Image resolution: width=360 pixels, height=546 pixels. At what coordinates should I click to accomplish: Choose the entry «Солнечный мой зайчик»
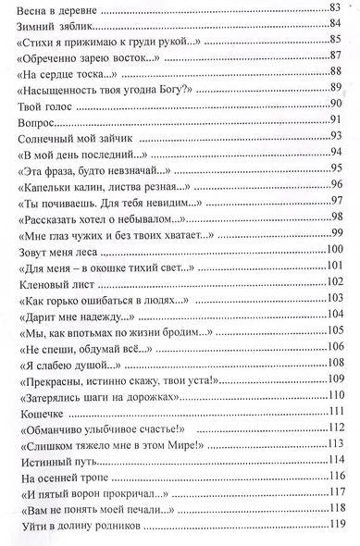coord(66,137)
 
